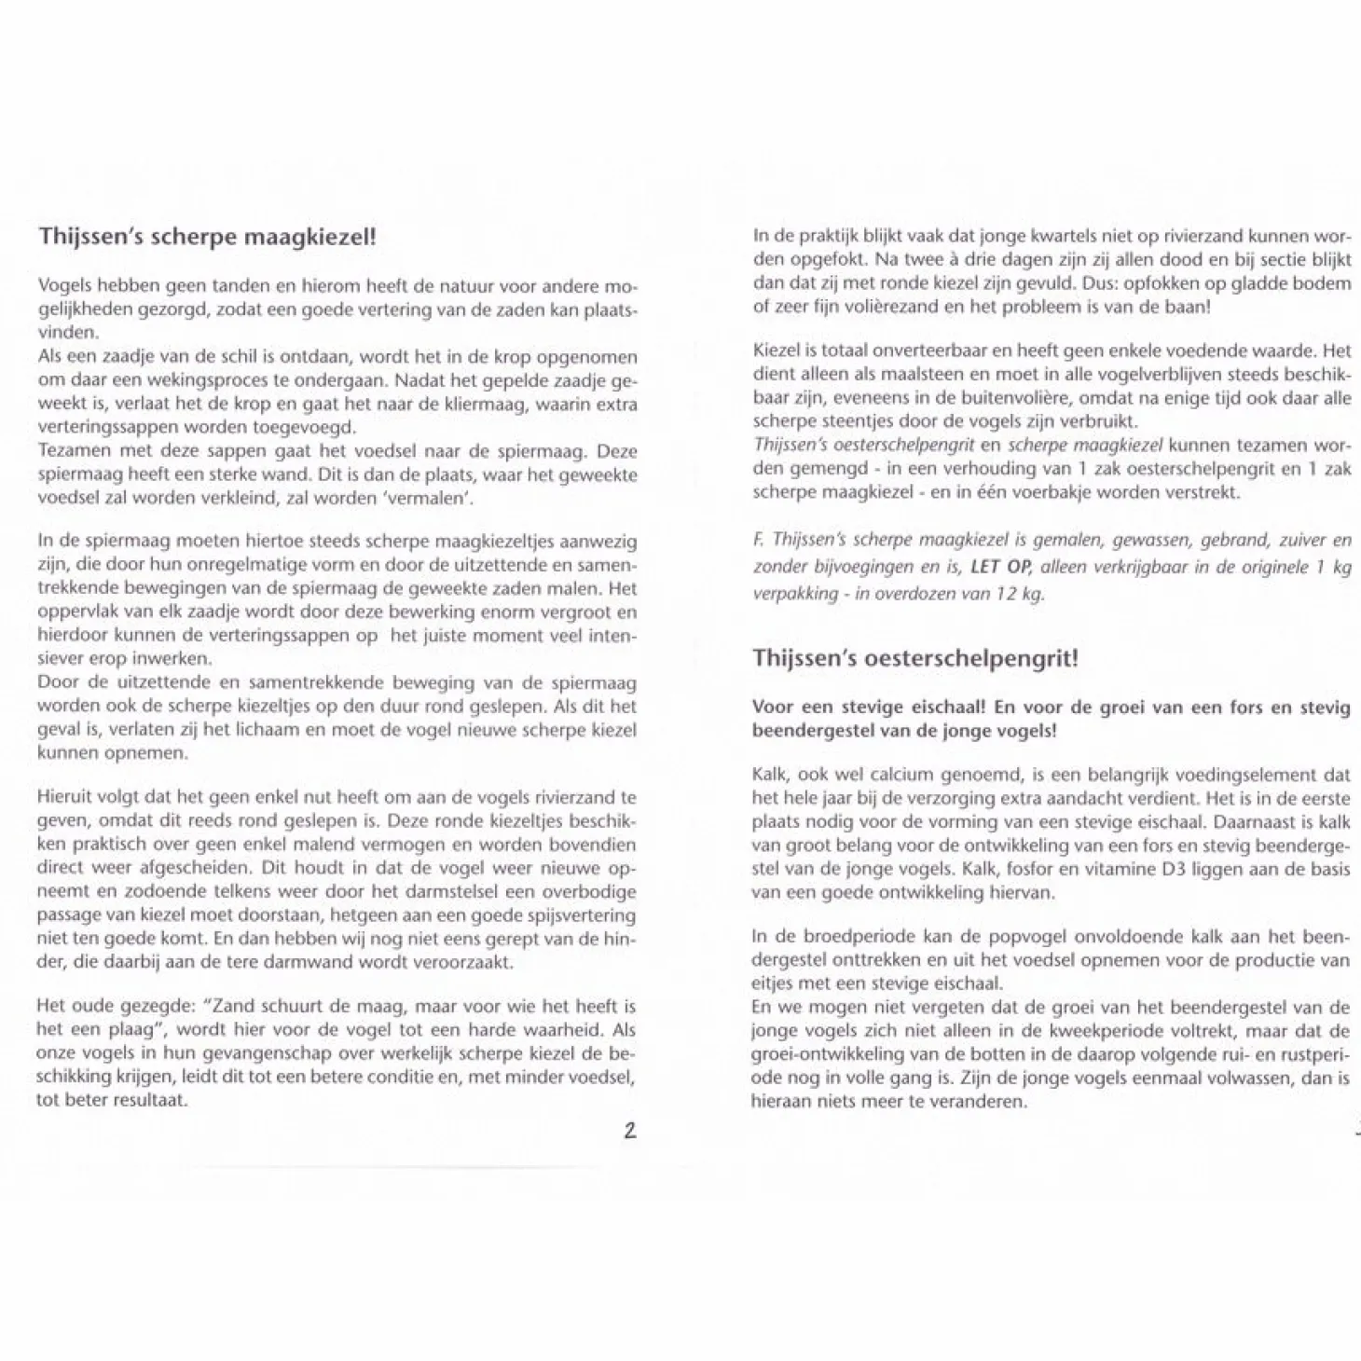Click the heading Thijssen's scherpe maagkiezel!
coord(206,236)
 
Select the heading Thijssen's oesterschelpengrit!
coord(914,658)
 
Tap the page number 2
coord(630,1132)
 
